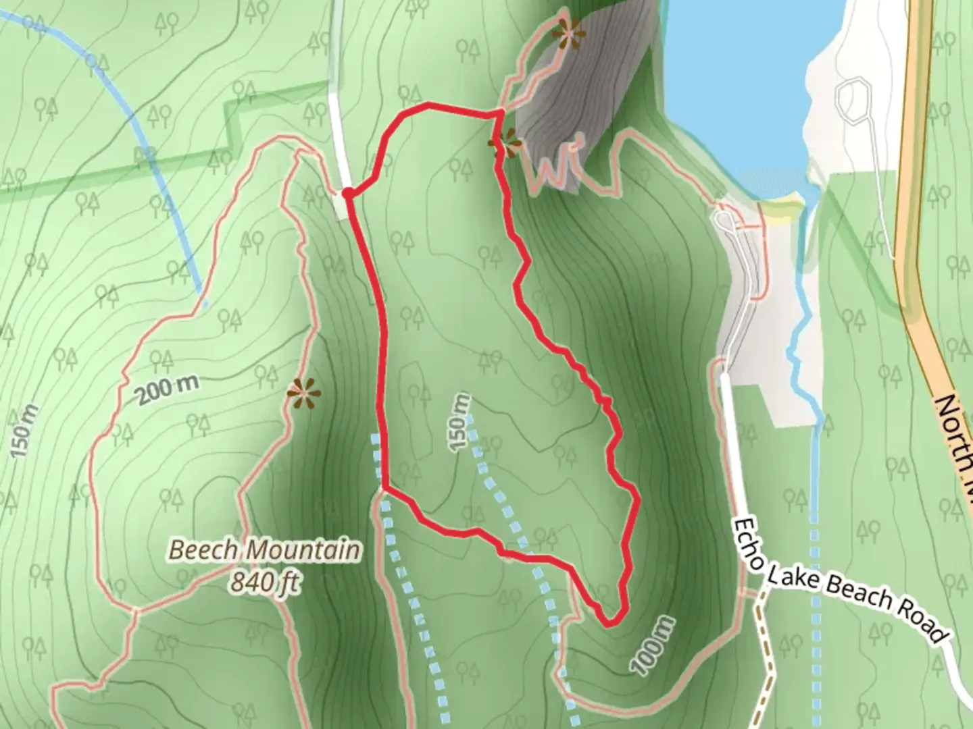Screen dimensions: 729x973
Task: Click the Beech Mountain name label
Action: [264, 550]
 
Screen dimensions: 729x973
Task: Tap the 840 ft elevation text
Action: [264, 581]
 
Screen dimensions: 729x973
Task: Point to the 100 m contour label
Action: [654, 645]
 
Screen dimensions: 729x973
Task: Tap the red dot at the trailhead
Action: [347, 194]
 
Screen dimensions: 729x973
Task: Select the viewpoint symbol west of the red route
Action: [303, 392]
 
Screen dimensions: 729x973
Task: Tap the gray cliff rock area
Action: [581, 101]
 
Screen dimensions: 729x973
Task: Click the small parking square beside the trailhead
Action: [341, 207]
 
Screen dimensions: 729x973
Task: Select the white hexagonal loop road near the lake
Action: [854, 100]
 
